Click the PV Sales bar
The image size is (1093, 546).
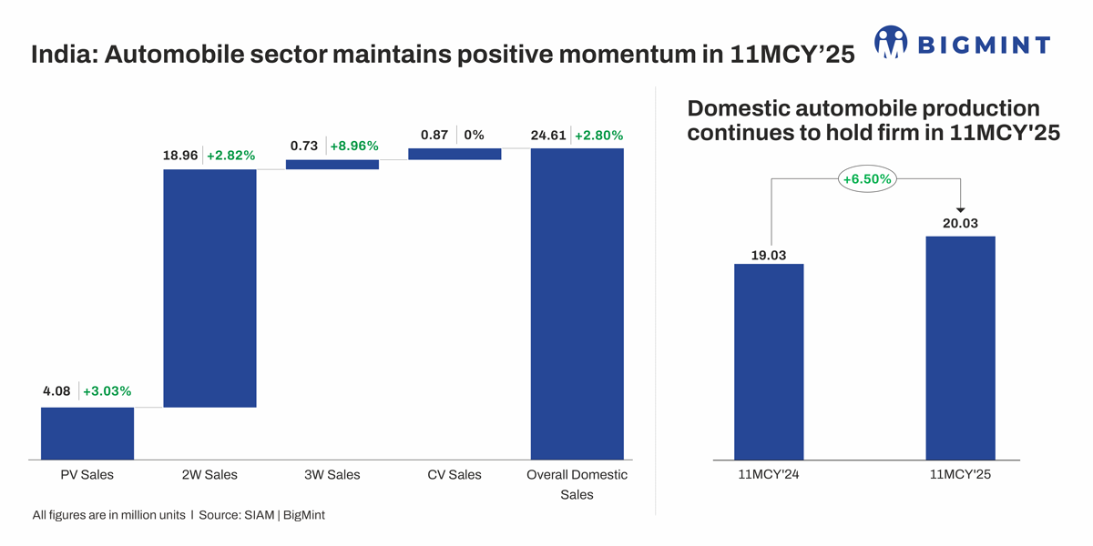(87, 433)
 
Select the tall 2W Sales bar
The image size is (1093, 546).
(209, 288)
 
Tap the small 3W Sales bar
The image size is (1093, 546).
(332, 165)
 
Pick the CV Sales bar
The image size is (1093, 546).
(455, 154)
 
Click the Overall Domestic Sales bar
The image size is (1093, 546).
(577, 304)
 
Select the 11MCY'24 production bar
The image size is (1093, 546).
(769, 362)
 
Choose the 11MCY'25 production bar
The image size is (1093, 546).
(960, 349)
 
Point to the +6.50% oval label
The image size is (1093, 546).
(866, 179)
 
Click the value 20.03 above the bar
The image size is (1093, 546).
(960, 223)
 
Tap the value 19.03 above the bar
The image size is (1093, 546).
(769, 255)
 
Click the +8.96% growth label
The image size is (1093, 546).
(353, 146)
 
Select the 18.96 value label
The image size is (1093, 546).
(180, 156)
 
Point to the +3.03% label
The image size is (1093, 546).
(107, 391)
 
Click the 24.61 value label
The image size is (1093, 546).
(548, 136)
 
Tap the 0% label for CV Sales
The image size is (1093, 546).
(474, 135)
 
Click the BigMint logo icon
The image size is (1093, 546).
(891, 42)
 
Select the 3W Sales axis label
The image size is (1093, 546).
(332, 475)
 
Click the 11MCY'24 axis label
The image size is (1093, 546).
(769, 475)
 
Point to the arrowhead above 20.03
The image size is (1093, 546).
(960, 210)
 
